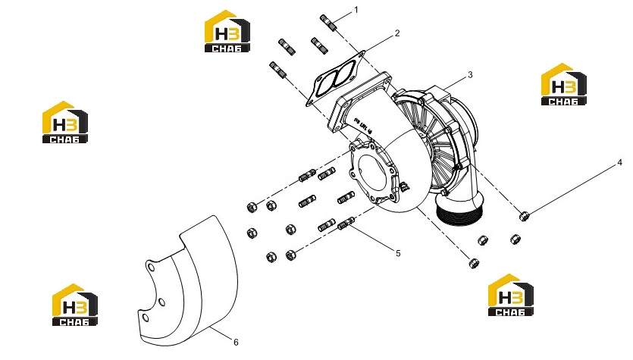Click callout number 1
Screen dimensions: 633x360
click(x=356, y=10)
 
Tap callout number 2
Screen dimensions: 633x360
click(x=397, y=33)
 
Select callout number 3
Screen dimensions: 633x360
click(x=470, y=75)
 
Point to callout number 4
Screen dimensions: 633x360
click(x=619, y=163)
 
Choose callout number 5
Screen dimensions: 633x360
click(x=398, y=253)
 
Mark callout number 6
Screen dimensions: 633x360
click(x=237, y=343)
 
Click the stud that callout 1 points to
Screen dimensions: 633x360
click(x=328, y=23)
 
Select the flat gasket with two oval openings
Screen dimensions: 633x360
click(x=334, y=78)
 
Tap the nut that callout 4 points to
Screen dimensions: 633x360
click(x=524, y=216)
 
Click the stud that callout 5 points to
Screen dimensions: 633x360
click(x=346, y=223)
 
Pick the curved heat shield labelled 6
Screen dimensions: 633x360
click(x=190, y=283)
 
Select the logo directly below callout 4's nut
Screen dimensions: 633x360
click(x=511, y=295)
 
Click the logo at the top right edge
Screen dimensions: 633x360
click(x=563, y=84)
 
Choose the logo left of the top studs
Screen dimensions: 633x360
click(x=227, y=31)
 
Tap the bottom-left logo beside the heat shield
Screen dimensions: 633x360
click(x=75, y=305)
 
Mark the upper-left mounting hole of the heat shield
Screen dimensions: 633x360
click(x=150, y=268)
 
